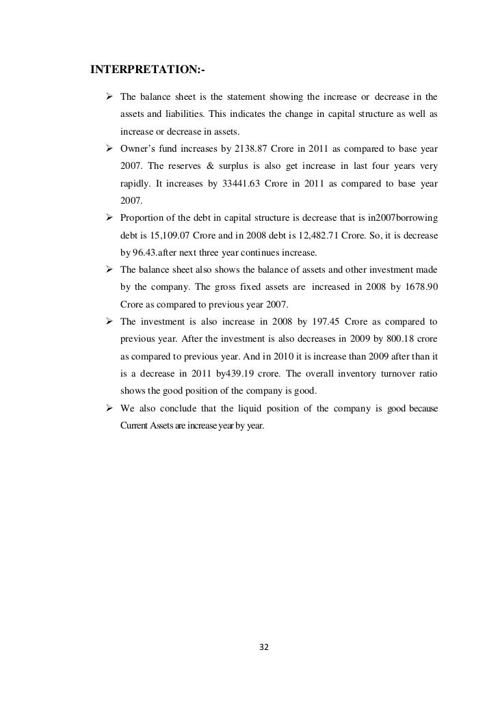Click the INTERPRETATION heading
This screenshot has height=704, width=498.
[x=148, y=69]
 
